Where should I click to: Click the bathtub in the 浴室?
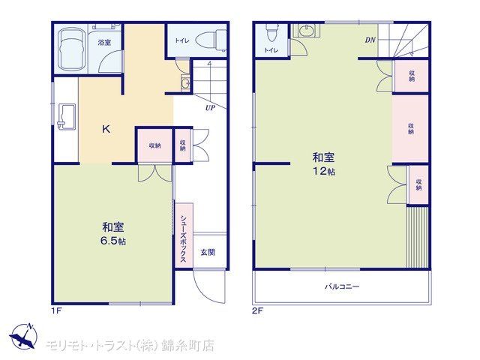(71, 49)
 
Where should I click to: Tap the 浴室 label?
(104, 43)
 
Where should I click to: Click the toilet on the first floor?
(211, 40)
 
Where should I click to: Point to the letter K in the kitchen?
(106, 130)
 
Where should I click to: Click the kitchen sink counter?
(67, 117)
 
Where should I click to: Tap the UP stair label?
(210, 108)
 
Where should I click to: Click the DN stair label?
(370, 40)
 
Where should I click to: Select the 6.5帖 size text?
(113, 241)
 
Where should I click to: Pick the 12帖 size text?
(323, 171)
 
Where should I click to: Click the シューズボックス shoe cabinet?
(184, 235)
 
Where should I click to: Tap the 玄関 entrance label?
(208, 252)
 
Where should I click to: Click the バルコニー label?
(342, 286)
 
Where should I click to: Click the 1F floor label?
(57, 311)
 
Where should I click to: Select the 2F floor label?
(257, 311)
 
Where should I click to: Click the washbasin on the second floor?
(305, 31)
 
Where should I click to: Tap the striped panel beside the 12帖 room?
(417, 237)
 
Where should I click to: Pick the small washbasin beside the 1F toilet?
(185, 83)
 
